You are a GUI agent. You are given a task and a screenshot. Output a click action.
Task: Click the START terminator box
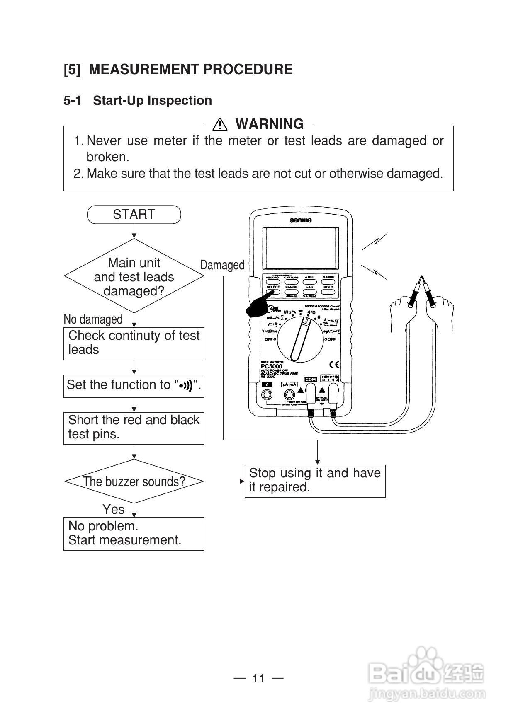(134, 215)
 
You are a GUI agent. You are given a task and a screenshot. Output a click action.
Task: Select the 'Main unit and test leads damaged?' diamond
(134, 276)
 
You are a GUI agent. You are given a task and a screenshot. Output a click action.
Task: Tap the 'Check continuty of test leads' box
(134, 343)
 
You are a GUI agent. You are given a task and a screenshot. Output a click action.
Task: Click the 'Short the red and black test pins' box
(134, 428)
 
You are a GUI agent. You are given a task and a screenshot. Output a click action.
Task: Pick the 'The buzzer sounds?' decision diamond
(134, 481)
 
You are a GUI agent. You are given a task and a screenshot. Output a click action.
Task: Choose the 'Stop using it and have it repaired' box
(315, 481)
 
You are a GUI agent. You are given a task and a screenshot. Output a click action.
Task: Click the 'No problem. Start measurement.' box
(134, 534)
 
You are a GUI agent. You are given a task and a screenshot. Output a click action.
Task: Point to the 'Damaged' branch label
(222, 265)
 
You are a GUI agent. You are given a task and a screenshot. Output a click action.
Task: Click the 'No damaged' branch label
(93, 319)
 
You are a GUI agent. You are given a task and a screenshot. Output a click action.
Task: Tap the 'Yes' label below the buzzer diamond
(113, 509)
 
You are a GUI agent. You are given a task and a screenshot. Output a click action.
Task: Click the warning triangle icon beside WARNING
(219, 124)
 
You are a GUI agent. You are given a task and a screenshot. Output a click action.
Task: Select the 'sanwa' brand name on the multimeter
(301, 220)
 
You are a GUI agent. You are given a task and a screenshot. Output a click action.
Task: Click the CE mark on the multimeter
(334, 365)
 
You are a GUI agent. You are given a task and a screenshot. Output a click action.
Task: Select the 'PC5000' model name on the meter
(272, 366)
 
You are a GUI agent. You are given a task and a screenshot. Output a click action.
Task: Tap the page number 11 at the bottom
(258, 678)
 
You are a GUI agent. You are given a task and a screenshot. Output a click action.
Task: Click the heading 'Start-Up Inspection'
(152, 101)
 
